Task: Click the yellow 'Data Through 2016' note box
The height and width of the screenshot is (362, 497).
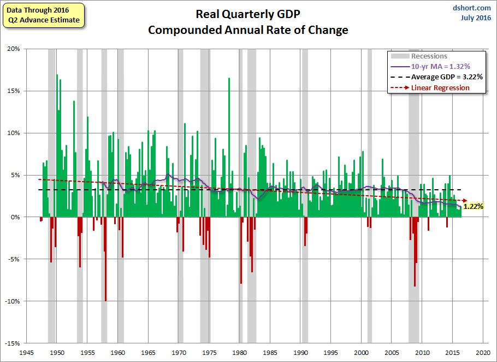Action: [x=43, y=15]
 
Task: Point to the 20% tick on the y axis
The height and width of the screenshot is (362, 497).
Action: [x=13, y=49]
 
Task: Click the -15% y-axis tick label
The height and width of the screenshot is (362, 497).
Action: [x=12, y=343]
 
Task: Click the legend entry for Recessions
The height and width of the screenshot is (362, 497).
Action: [x=429, y=56]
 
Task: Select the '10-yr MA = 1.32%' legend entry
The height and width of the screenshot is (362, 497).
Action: [x=440, y=66]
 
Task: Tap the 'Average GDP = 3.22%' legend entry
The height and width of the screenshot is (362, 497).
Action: [x=446, y=77]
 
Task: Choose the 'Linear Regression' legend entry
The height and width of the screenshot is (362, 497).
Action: [x=440, y=87]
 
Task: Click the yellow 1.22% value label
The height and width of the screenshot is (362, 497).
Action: [x=473, y=206]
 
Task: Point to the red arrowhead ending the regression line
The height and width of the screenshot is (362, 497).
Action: [x=464, y=200]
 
